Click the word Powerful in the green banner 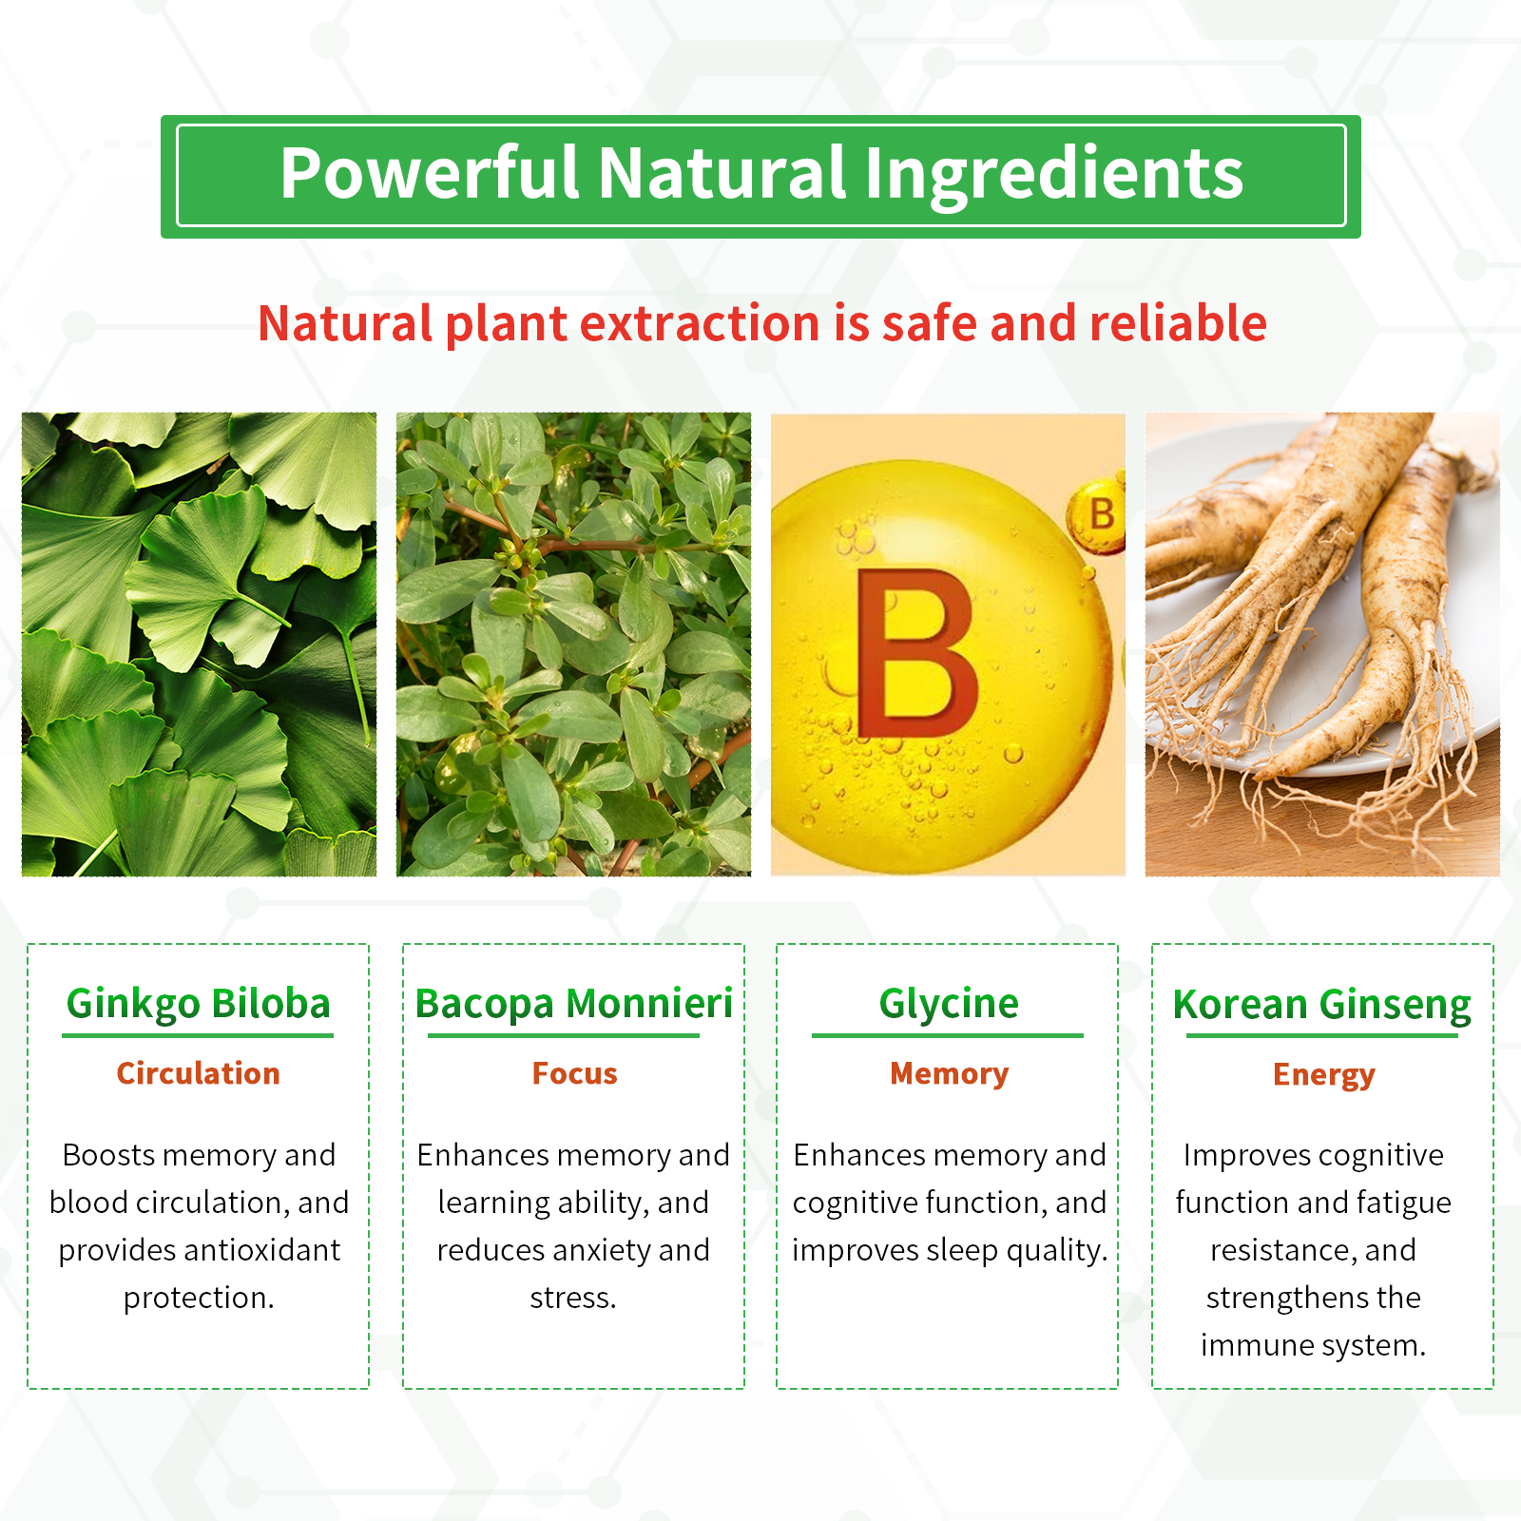(430, 173)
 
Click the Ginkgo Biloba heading (199, 1004)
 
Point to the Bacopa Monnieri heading (574, 1004)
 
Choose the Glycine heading (949, 1004)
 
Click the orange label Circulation (199, 1073)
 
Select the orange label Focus (574, 1073)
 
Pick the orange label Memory (949, 1074)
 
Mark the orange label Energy (1323, 1075)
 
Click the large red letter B (916, 654)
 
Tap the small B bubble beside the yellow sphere (1099, 516)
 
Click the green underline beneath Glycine (948, 1035)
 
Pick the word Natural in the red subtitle (346, 323)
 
